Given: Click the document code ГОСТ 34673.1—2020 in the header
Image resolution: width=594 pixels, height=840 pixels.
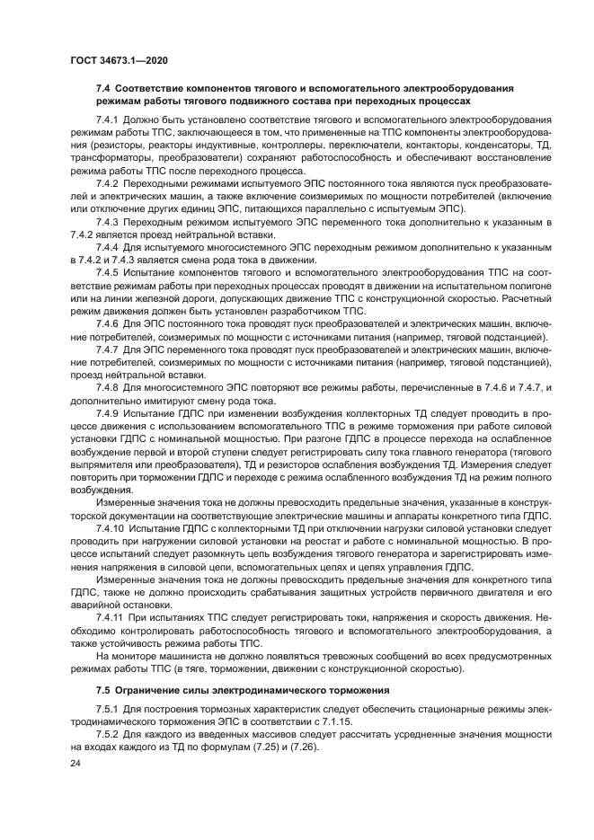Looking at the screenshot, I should [120, 59].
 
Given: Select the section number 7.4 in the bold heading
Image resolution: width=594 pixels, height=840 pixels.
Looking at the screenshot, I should [102, 89].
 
